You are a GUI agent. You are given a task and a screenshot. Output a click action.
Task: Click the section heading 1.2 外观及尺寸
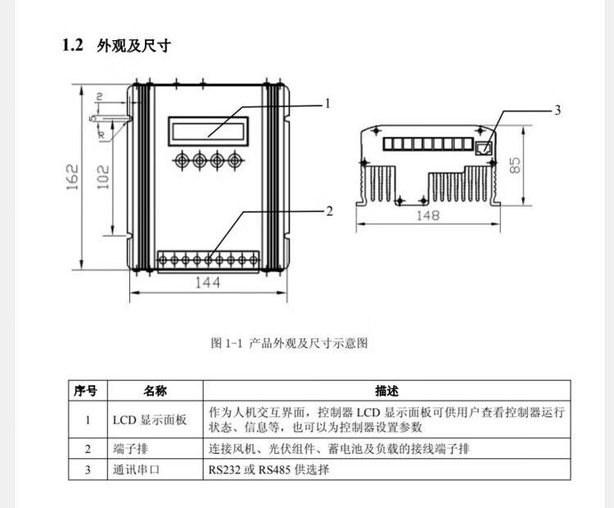pyautogui.click(x=116, y=46)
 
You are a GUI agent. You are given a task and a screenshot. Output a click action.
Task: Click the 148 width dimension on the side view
pyautogui.click(x=427, y=215)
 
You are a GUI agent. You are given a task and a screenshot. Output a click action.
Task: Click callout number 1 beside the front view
pyautogui.click(x=327, y=104)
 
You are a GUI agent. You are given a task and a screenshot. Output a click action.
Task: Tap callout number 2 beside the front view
pyautogui.click(x=329, y=211)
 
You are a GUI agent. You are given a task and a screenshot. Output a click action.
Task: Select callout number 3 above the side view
pyautogui.click(x=558, y=110)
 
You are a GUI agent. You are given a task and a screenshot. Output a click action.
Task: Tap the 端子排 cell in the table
pyautogui.click(x=131, y=448)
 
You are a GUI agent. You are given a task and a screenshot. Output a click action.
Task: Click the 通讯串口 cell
pyautogui.click(x=137, y=469)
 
